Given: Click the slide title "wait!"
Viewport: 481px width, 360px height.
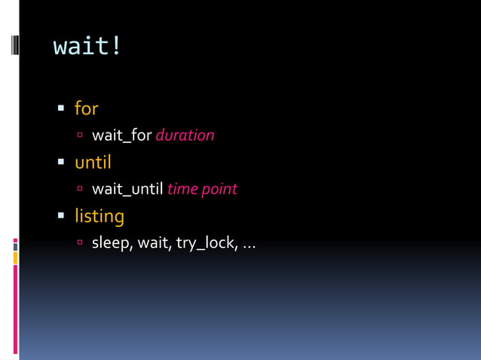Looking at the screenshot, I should coord(87,46).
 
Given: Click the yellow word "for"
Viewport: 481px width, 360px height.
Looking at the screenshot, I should coord(86,108).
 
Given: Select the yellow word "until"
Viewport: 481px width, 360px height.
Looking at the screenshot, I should coord(93,162).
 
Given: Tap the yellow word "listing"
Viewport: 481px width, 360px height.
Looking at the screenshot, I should coord(99,216).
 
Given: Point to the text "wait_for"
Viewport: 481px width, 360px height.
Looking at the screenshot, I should coord(122,136).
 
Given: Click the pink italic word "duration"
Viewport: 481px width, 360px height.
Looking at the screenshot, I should coord(185,136).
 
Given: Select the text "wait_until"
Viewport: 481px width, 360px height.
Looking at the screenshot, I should coord(127,189).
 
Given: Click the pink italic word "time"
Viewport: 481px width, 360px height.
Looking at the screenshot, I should coord(182,189).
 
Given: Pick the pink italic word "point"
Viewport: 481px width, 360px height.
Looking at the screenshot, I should coord(219,189).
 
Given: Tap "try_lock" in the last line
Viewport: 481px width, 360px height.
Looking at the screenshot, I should coord(204,243).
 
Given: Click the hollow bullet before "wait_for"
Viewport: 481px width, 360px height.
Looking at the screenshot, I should coord(80,136).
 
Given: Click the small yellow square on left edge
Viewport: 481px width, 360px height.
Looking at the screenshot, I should coord(15,258).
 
